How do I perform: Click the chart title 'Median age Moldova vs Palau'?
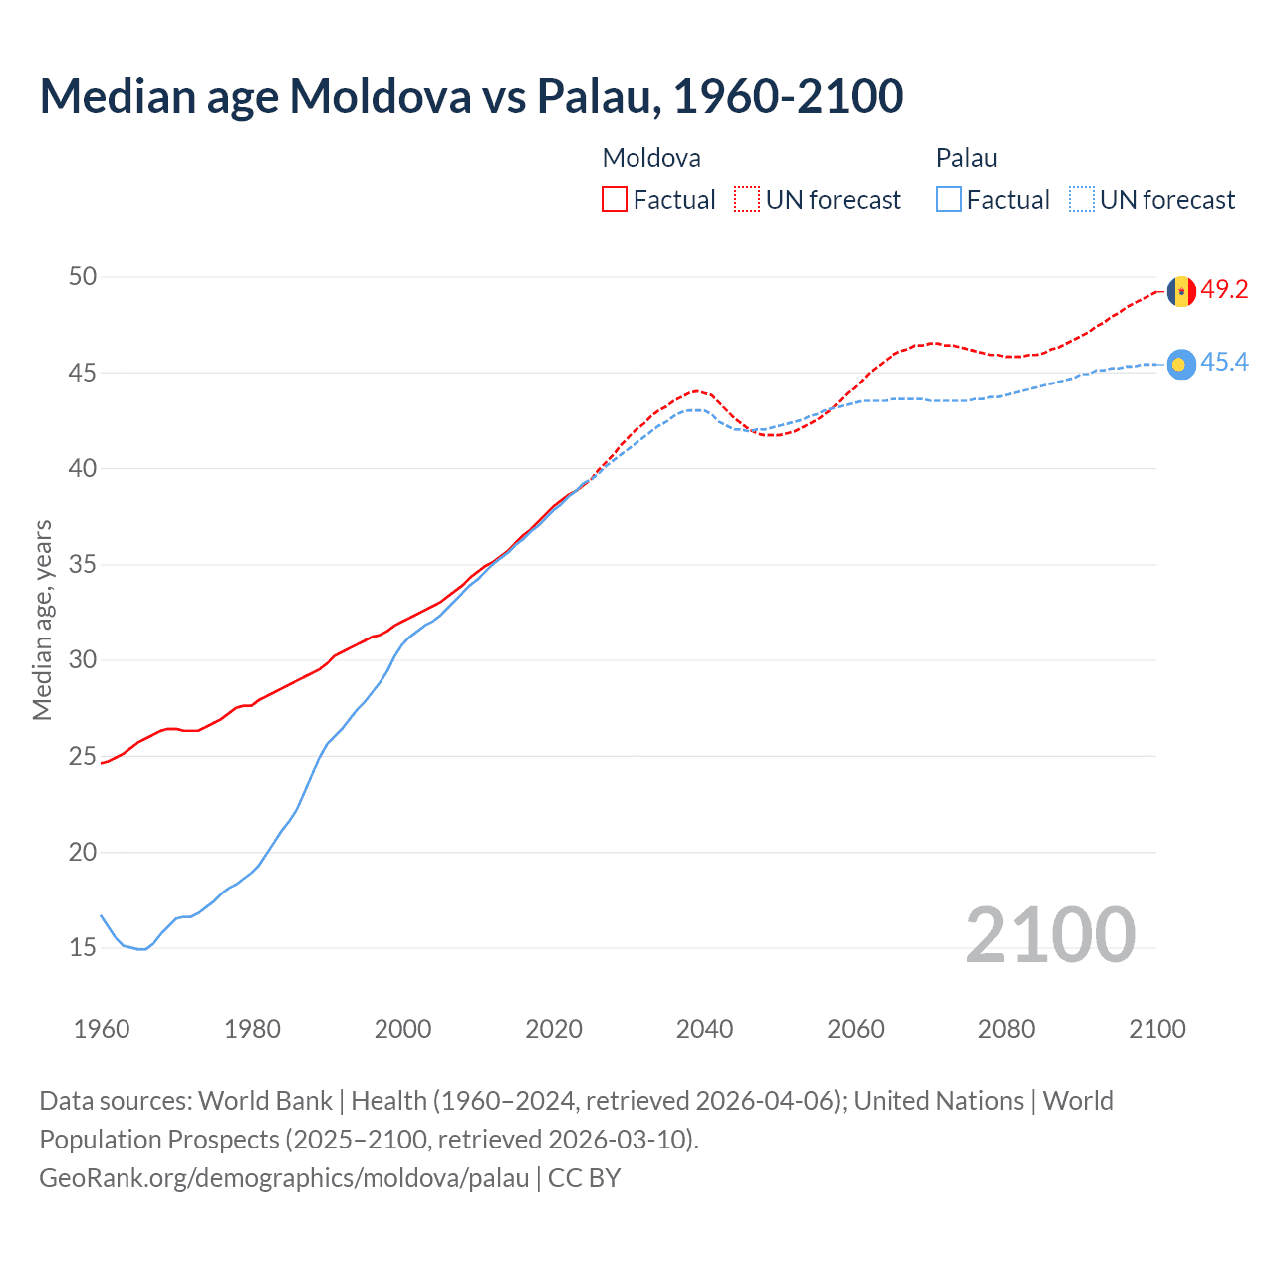471,96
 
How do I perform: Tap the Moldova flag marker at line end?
1181,291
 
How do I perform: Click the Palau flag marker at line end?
1181,366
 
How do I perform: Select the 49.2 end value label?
1224,289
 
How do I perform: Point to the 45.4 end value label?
1224,362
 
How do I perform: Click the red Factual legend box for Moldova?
615,200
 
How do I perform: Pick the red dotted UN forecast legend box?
747,200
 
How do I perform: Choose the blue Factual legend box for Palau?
949,200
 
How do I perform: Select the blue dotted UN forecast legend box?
1082,200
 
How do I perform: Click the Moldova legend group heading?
651,158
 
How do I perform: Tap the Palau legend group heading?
966,158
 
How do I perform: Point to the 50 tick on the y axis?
83,276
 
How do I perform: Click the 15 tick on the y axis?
83,947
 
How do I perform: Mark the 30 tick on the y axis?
83,659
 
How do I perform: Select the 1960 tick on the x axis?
102,1029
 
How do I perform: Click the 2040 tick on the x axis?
704,1029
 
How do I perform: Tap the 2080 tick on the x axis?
1006,1029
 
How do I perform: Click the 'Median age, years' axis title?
42,620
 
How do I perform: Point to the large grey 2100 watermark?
1050,934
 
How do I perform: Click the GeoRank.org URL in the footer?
284,1178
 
